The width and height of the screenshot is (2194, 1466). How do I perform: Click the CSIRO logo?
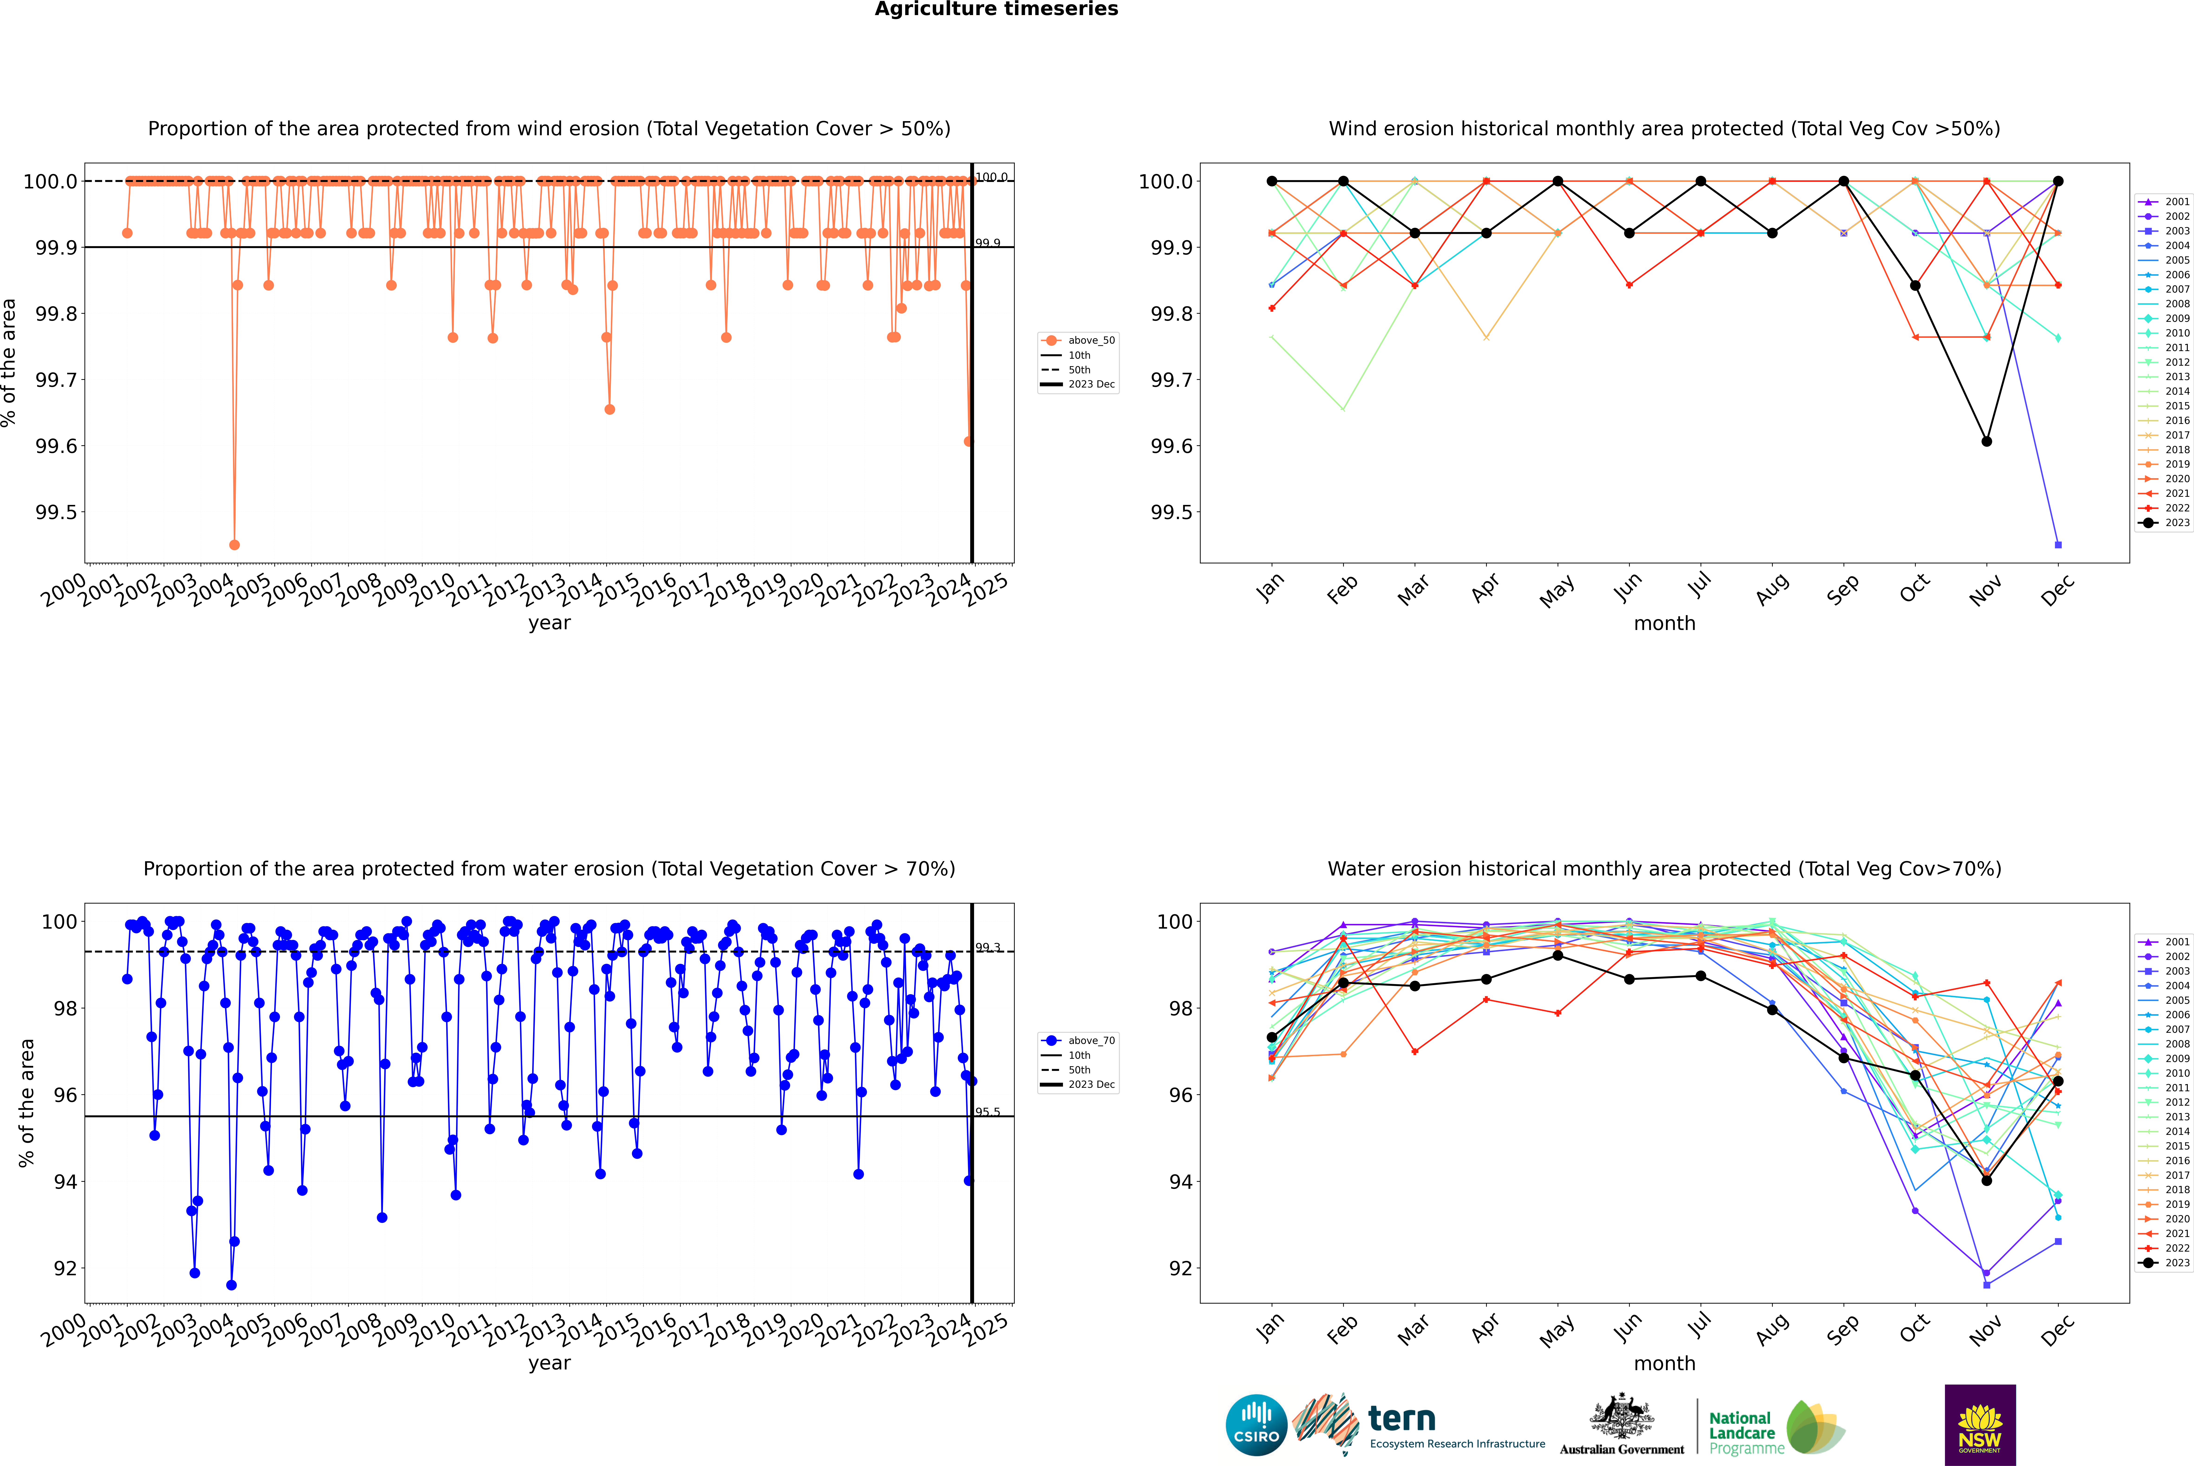1256,1425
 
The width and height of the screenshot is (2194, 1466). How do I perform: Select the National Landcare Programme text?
1741,1432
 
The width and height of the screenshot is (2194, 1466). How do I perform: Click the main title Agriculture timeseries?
996,9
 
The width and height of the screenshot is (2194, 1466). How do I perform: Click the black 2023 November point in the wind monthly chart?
1986,441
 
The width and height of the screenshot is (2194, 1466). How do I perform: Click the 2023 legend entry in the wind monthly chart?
2176,523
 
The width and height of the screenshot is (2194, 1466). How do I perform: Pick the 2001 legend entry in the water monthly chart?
2176,942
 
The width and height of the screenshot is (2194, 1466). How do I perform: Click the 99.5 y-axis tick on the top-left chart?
56,512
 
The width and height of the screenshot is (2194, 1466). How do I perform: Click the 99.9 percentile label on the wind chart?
988,243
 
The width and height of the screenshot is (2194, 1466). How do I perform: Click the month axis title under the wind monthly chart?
1664,624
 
